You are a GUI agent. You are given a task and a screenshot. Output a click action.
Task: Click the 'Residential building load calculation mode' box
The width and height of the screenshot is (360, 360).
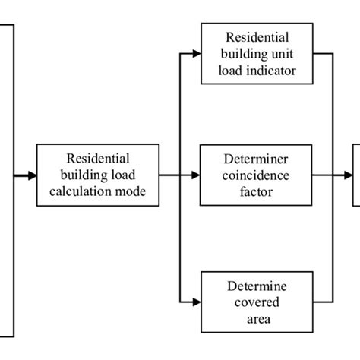point(98,175)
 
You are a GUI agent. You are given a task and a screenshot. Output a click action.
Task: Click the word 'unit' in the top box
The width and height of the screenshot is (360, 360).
point(279,54)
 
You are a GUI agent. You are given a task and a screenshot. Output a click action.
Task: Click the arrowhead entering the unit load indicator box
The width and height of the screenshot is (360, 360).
point(196,54)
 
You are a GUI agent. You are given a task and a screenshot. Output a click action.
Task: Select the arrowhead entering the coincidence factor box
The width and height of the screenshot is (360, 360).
point(196,175)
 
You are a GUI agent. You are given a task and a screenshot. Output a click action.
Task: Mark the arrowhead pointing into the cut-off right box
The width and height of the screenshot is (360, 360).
point(347,175)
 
